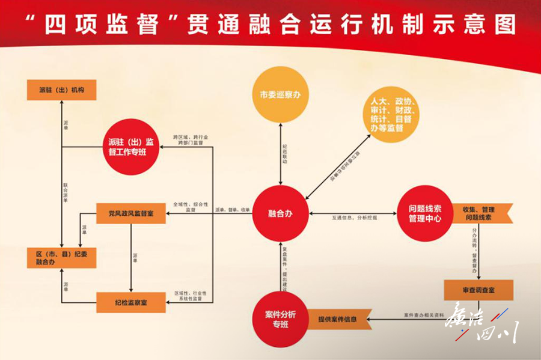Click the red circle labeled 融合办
(280, 213)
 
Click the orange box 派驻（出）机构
(61, 90)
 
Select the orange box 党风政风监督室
(130, 213)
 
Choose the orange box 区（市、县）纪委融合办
(61, 258)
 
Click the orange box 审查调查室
(478, 290)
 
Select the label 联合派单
(66, 191)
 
